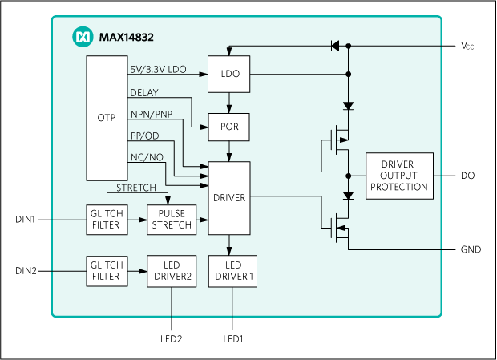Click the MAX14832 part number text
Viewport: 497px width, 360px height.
pos(126,37)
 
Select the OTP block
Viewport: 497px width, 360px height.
pos(106,118)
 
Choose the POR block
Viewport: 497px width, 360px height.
pos(229,127)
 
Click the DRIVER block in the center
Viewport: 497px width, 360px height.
pos(229,198)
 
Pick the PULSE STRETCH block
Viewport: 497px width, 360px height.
pos(170,220)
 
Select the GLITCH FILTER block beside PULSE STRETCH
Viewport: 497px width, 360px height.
pos(106,220)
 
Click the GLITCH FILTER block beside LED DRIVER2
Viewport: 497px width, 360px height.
pos(106,270)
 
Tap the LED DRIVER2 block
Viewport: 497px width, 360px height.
pos(170,270)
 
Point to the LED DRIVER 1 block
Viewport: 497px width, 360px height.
pos(233,270)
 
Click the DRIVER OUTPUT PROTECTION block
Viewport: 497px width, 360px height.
pos(399,176)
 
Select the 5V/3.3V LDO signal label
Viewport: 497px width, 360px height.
pos(158,70)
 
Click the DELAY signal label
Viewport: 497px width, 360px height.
pos(144,92)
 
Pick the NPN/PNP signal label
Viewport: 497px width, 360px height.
pos(151,114)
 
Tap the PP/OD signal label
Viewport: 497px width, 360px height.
pos(144,136)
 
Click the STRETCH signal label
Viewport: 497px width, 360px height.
pos(136,188)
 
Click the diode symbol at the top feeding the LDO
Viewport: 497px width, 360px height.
pos(336,45)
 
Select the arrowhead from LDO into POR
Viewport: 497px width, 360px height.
pos(229,110)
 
